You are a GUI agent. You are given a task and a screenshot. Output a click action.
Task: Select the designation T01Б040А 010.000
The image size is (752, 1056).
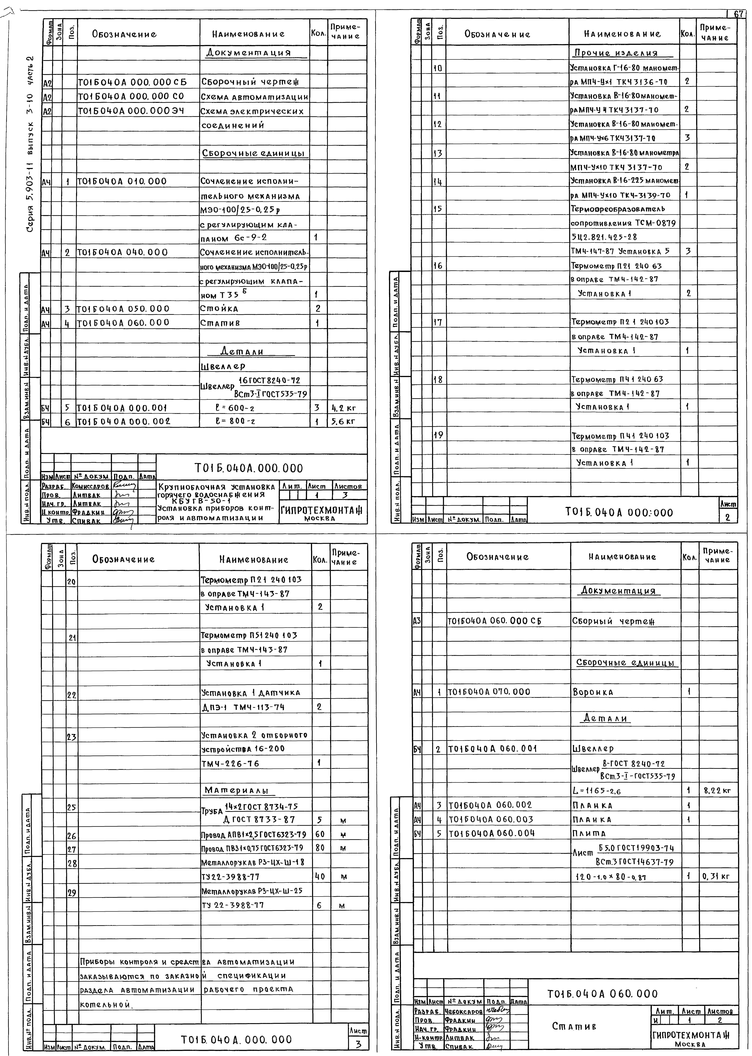[121, 181]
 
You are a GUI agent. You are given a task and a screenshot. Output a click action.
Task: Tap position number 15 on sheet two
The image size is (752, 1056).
[438, 209]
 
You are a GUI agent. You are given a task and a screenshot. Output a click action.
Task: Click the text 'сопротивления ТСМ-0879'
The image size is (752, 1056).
[623, 223]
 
